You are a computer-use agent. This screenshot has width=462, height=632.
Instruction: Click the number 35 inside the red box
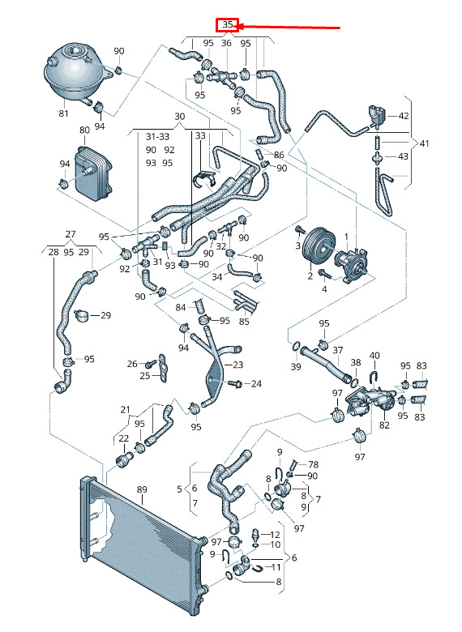pyautogui.click(x=228, y=24)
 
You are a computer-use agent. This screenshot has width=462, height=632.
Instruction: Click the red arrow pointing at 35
pyautogui.click(x=288, y=28)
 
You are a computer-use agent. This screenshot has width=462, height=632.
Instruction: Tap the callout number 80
pyautogui.click(x=84, y=130)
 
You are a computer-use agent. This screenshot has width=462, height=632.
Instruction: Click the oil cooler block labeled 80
pyautogui.click(x=93, y=173)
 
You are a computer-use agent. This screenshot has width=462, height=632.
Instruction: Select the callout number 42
pyautogui.click(x=404, y=116)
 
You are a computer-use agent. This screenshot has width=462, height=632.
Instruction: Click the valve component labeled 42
pyautogui.click(x=377, y=114)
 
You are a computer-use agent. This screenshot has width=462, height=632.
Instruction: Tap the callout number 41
pyautogui.click(x=424, y=143)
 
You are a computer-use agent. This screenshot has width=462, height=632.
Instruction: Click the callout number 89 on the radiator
pyautogui.click(x=142, y=489)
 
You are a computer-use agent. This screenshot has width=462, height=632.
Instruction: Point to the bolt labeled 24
pyautogui.click(x=235, y=382)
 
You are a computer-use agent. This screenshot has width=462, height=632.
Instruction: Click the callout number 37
pyautogui.click(x=337, y=351)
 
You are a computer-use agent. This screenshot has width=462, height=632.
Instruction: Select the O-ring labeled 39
pyautogui.click(x=296, y=346)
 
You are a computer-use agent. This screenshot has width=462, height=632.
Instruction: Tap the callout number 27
pyautogui.click(x=71, y=234)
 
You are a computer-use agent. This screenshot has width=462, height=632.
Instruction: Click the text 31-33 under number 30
pyautogui.click(x=157, y=137)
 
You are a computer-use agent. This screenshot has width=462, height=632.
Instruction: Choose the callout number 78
pyautogui.click(x=313, y=465)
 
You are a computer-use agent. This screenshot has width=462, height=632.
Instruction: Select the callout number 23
pyautogui.click(x=238, y=365)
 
